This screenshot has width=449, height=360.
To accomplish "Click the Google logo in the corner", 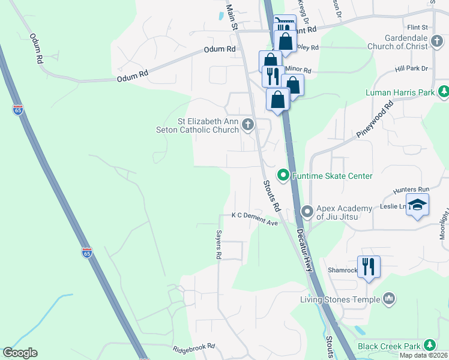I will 20,353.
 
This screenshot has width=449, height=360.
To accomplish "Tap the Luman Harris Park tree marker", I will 444,92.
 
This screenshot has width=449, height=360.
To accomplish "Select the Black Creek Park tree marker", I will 429,345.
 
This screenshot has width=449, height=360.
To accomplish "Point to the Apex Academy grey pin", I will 307,211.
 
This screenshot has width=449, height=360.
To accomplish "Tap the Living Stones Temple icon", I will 388,298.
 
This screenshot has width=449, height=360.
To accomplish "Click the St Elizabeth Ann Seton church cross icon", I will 247,125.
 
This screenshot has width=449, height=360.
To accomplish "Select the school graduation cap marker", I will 417,205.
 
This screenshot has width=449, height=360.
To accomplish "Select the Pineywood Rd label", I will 375,119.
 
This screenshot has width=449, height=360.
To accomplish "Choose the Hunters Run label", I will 408,190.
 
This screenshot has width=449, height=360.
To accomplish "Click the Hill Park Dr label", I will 412,68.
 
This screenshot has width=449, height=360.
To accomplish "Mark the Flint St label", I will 417,27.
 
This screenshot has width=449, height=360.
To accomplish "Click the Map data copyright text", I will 423,355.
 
